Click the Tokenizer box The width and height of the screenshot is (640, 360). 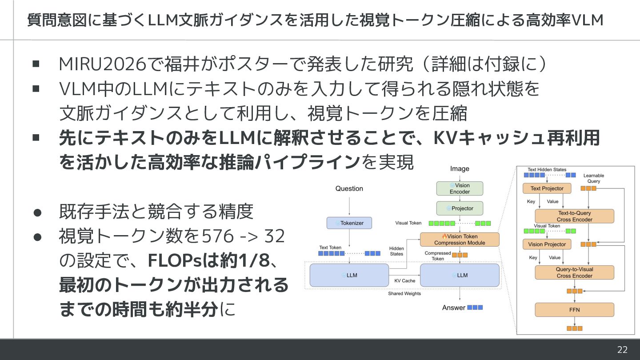[x=349, y=223]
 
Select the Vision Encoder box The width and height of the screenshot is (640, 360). [x=460, y=188]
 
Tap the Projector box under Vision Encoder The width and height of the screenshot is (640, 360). [x=460, y=208]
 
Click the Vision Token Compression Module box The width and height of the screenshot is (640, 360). [x=460, y=240]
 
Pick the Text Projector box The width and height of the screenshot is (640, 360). [x=547, y=188]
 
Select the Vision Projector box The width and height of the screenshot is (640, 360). [x=547, y=244]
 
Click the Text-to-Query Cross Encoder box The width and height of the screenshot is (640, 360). [x=574, y=216]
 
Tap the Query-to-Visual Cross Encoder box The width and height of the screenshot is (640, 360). [x=574, y=272]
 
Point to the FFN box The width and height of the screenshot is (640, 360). [x=574, y=310]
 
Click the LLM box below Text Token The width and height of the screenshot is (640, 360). [x=349, y=275]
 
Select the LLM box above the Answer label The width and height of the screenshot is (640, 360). [x=460, y=275]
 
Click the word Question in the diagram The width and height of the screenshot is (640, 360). [x=349, y=188]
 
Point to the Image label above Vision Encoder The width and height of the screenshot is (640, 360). [x=460, y=169]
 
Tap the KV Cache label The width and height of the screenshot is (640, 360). [x=404, y=281]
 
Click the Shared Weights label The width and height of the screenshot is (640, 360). [x=404, y=293]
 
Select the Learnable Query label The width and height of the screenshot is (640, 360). [x=593, y=178]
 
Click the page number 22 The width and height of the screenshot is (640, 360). [x=622, y=349]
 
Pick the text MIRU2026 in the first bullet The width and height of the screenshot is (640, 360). [x=103, y=64]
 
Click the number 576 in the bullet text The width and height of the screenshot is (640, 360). [x=218, y=236]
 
